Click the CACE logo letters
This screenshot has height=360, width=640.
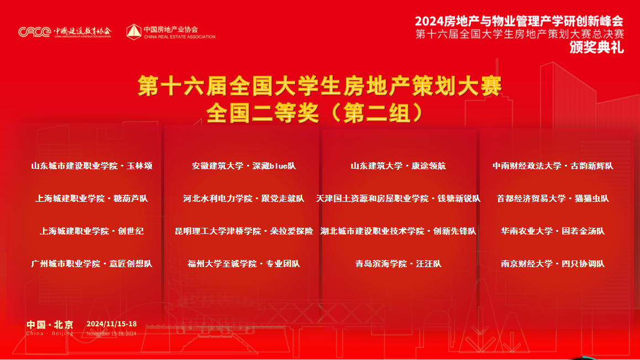[35, 32]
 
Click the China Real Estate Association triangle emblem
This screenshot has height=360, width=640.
[134, 32]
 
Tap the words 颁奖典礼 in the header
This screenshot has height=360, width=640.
[596, 48]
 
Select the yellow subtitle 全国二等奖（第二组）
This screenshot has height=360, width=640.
[315, 112]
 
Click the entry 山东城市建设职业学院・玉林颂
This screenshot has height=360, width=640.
[92, 166]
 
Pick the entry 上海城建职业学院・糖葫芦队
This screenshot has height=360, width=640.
[92, 199]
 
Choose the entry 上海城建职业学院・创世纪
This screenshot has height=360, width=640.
[92, 231]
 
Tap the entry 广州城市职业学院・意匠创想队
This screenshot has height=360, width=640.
[92, 264]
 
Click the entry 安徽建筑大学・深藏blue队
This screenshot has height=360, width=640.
[244, 166]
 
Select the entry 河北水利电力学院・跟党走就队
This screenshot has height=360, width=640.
[244, 199]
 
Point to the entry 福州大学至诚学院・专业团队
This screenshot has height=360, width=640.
[244, 264]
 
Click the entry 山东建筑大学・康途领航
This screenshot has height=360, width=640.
[398, 166]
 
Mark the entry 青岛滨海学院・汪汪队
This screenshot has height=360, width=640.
[398, 264]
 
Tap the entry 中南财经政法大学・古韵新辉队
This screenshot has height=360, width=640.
[553, 166]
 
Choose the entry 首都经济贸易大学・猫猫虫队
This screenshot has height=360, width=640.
[553, 199]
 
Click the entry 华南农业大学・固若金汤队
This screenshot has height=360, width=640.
[553, 231]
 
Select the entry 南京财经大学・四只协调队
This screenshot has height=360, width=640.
[553, 264]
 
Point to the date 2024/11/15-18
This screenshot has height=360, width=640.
[112, 324]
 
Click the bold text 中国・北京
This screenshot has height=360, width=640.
[50, 325]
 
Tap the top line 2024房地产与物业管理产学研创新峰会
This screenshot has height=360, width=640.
[519, 21]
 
